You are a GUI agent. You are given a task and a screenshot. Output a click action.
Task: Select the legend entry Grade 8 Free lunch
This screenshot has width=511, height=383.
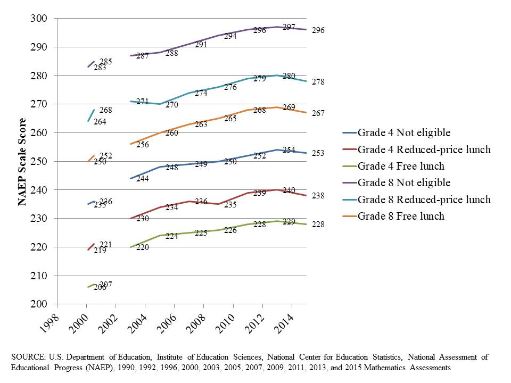401,216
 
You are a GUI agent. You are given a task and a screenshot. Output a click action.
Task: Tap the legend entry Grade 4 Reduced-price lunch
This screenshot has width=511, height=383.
424,149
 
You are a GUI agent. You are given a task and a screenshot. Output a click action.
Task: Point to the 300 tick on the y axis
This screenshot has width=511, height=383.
41,19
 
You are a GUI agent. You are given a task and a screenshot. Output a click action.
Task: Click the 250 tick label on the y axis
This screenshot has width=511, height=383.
41,162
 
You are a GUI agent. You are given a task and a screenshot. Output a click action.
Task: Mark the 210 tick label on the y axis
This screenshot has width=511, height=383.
41,276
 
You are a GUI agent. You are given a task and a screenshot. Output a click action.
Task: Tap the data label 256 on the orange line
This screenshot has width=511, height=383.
142,145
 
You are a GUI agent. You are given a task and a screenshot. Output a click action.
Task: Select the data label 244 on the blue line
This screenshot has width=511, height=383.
142,179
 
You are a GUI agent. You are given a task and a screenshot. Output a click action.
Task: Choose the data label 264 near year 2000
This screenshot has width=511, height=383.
100,122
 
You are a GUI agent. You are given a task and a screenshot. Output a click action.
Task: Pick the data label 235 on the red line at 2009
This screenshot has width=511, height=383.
230,205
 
